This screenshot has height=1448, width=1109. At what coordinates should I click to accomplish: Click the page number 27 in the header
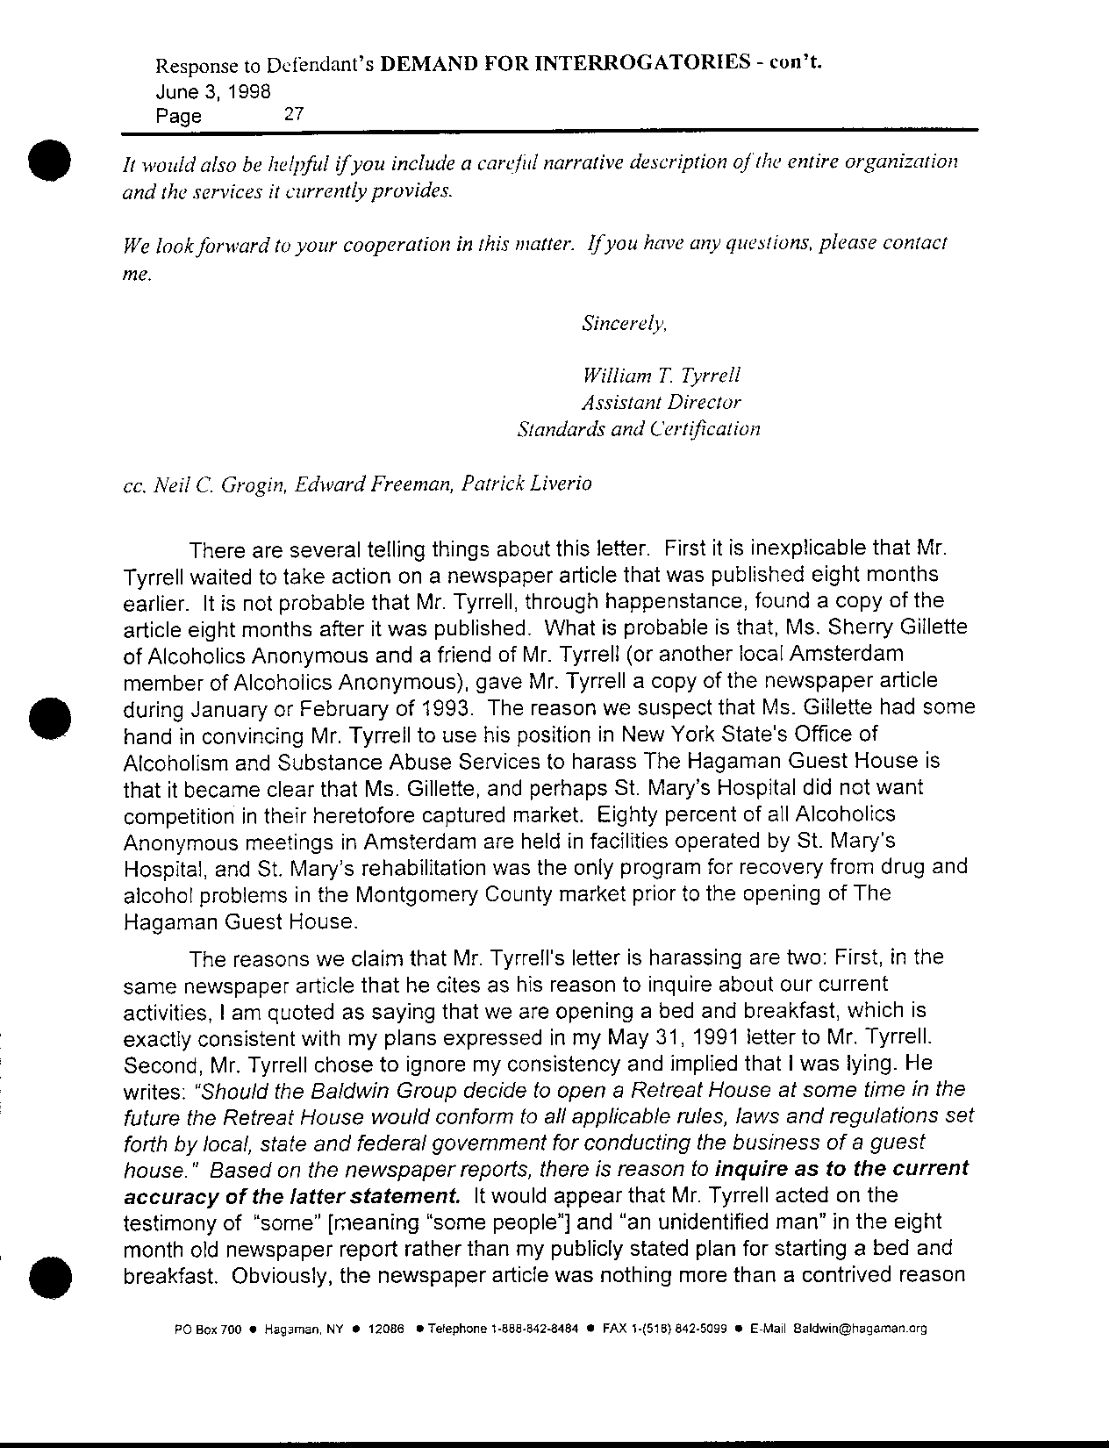pyautogui.click(x=294, y=113)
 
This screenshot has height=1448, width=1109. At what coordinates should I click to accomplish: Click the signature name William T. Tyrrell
pyautogui.click(x=662, y=376)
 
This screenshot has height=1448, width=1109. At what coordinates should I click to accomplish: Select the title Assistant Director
pyautogui.click(x=662, y=403)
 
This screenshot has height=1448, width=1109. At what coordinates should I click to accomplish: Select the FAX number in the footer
pyautogui.click(x=663, y=1329)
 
